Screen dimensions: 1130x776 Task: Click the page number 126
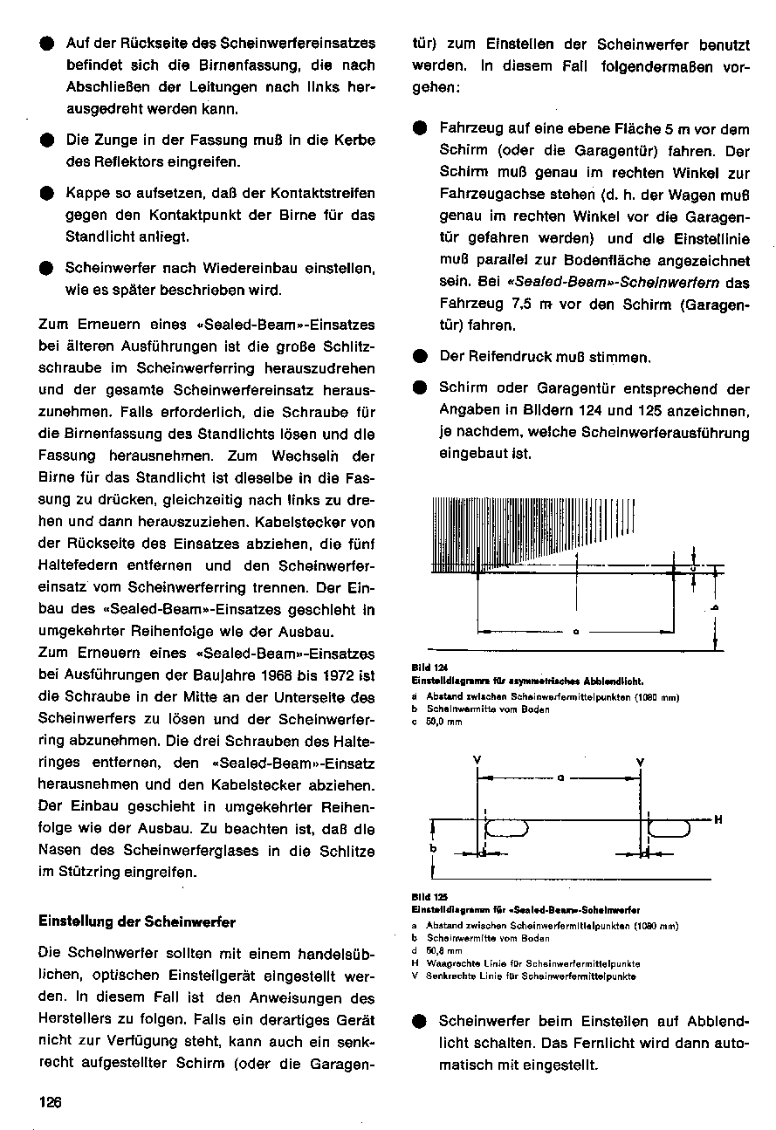click(51, 1102)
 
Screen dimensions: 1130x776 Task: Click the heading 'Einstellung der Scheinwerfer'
click(137, 921)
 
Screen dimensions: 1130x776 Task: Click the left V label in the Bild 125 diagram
click(477, 760)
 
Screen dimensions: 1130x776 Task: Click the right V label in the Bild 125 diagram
click(641, 760)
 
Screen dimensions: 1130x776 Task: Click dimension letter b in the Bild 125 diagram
click(434, 846)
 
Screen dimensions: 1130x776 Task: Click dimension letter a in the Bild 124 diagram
click(576, 632)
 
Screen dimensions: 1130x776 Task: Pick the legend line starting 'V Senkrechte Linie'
click(524, 976)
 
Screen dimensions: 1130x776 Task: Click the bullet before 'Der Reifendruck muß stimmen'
click(420, 357)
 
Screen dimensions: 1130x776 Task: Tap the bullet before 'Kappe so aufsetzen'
click(45, 192)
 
